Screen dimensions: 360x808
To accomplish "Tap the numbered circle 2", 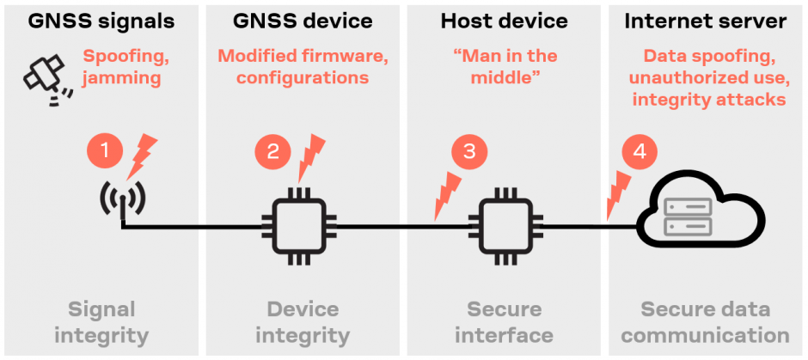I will (x=272, y=152).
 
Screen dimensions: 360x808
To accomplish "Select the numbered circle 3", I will (x=469, y=152).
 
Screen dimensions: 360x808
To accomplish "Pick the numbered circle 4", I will (x=639, y=152).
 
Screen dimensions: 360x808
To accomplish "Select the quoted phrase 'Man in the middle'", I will (x=505, y=67).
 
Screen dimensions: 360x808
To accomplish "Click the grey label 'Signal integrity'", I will (x=101, y=321).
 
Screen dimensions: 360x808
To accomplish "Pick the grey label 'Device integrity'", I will (x=303, y=321).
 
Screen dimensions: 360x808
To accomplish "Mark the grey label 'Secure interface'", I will (x=505, y=321).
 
